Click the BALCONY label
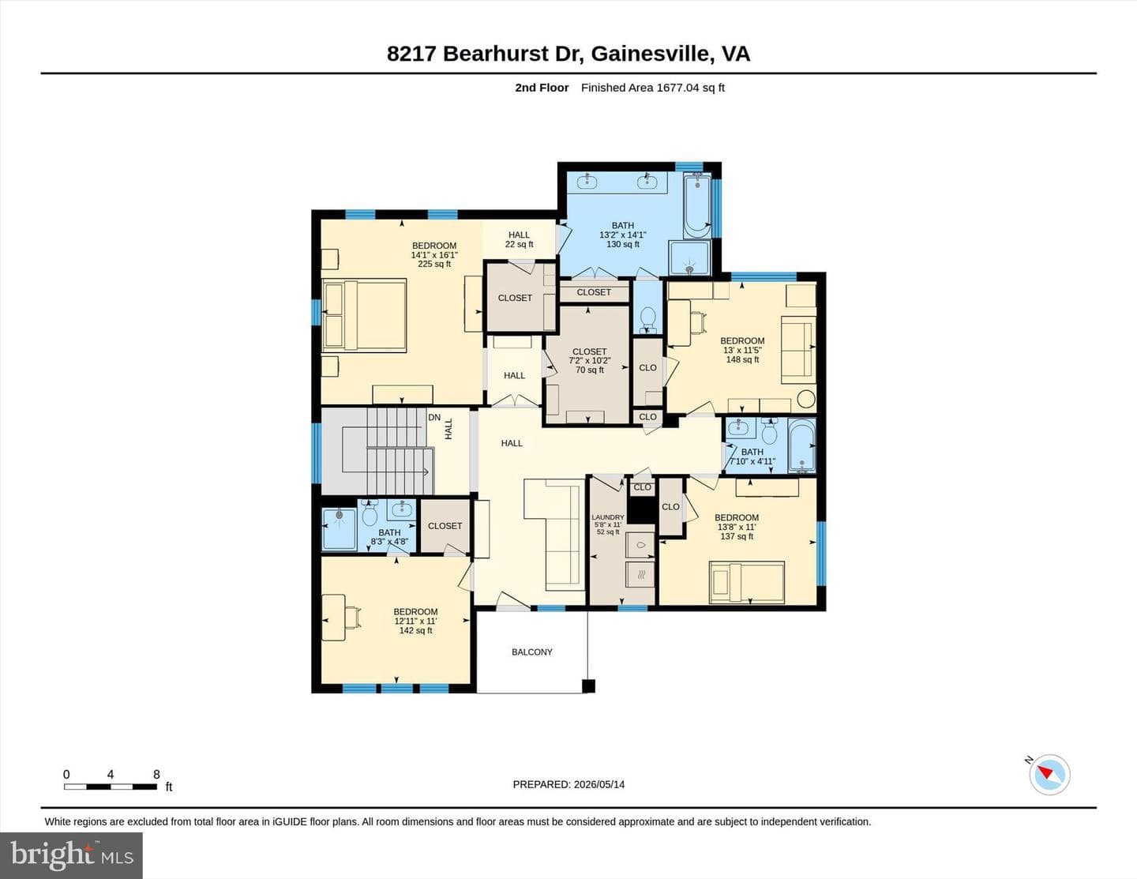pyautogui.click(x=531, y=652)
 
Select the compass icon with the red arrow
pyautogui.click(x=1049, y=775)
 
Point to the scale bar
pyautogui.click(x=111, y=787)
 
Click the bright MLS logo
pyautogui.click(x=72, y=856)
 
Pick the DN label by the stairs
pyautogui.click(x=434, y=418)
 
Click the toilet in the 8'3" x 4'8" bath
pyautogui.click(x=370, y=513)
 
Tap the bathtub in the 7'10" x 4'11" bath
pyautogui.click(x=801, y=445)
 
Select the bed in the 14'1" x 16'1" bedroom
pyautogui.click(x=364, y=315)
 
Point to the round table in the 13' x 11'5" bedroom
pyautogui.click(x=806, y=399)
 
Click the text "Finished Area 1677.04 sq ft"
pyautogui.click(x=652, y=88)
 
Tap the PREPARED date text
pyautogui.click(x=568, y=784)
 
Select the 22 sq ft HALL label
pyautogui.click(x=519, y=239)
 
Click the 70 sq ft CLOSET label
pyautogui.click(x=589, y=360)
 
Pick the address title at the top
pyautogui.click(x=568, y=54)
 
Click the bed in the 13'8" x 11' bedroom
pyautogui.click(x=747, y=582)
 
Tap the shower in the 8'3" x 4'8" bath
pyautogui.click(x=339, y=529)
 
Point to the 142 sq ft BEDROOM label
pyautogui.click(x=415, y=621)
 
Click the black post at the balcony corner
pyautogui.click(x=589, y=686)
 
